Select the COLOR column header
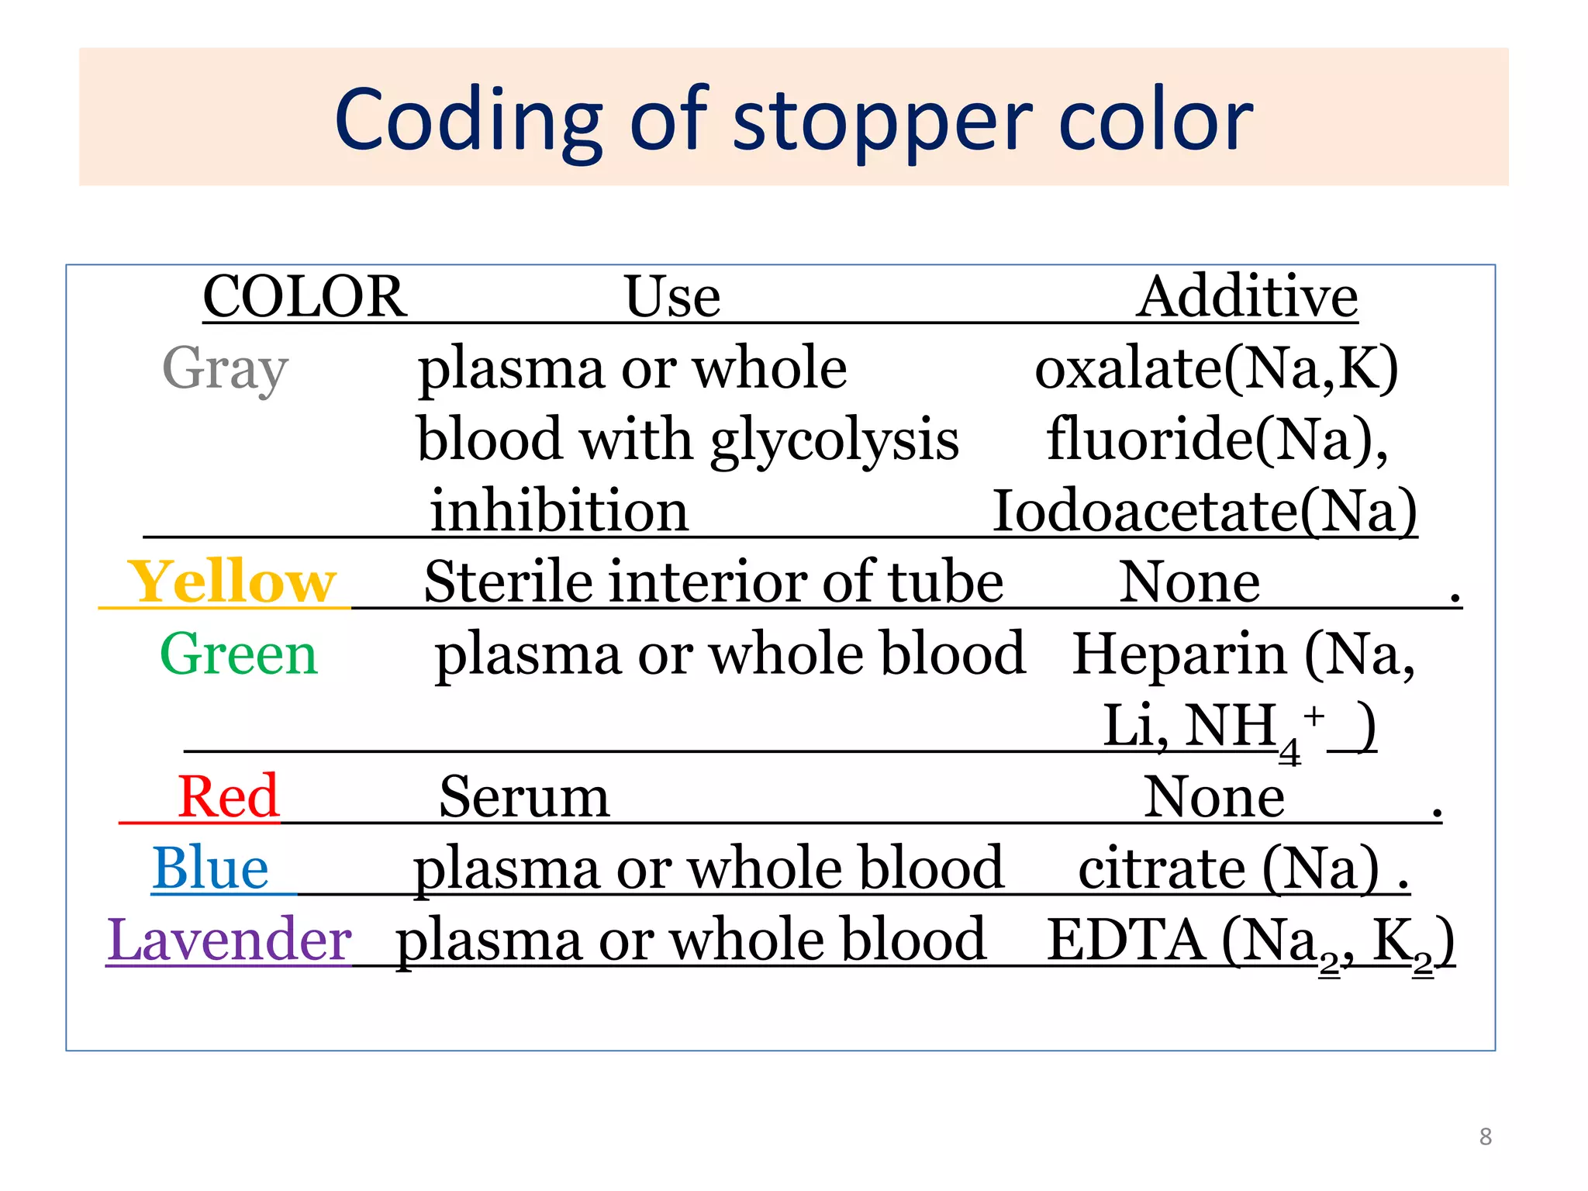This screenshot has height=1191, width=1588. pos(305,297)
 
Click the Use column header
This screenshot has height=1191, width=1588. pos(672,297)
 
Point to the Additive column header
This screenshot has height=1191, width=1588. pos(1247,297)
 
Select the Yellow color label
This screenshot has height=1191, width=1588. pos(233,582)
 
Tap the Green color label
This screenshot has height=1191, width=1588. pos(239,654)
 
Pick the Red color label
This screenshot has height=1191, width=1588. pos(228,796)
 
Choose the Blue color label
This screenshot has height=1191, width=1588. pos(210,868)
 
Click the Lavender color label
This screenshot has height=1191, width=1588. pos(230,939)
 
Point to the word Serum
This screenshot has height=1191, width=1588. pos(524,797)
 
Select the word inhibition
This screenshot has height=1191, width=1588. pos(559,511)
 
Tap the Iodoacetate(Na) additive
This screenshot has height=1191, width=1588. pos(1205,511)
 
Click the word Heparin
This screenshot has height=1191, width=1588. pos(1179,654)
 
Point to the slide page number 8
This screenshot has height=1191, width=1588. pos(1485,1137)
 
